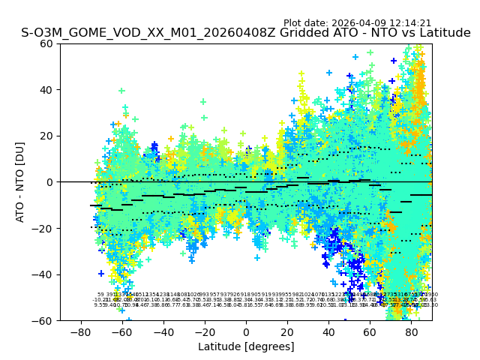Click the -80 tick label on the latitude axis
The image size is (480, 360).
tap(80, 331)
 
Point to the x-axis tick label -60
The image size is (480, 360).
tap(121, 331)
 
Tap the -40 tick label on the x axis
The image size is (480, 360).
tap(163, 331)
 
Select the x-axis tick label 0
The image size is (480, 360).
tap(246, 331)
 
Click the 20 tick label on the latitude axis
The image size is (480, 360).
tap(287, 331)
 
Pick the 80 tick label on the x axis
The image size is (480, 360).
tap(412, 331)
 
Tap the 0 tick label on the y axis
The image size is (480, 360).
tap(51, 182)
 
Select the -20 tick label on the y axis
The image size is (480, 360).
tap(45, 229)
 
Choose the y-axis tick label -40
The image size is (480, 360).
tap(45, 274)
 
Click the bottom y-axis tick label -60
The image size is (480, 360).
tap(45, 321)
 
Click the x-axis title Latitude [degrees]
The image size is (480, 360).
tap(246, 346)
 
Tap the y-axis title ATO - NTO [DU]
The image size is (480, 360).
tap(20, 182)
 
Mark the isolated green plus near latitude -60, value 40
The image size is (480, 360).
tap(121, 91)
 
